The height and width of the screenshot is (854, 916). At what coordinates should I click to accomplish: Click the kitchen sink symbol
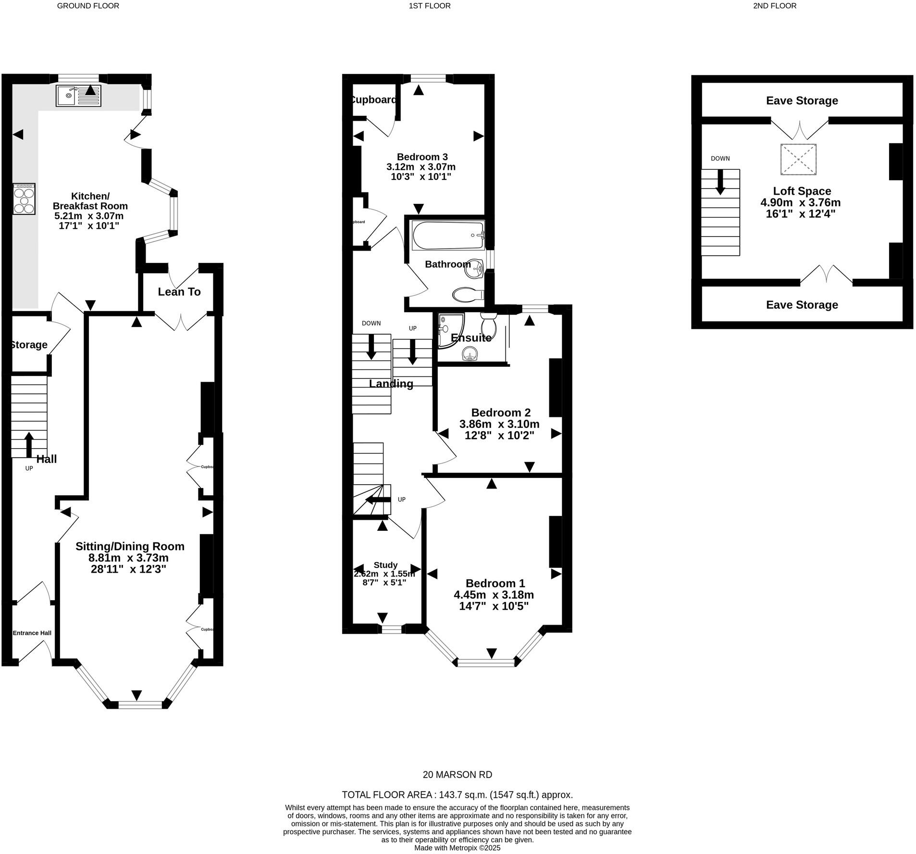[x=78, y=95]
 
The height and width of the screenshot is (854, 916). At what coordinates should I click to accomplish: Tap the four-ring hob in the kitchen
[x=24, y=199]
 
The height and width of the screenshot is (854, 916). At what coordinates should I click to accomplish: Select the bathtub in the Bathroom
[x=447, y=235]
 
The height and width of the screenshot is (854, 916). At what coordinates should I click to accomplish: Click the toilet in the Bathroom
[x=467, y=294]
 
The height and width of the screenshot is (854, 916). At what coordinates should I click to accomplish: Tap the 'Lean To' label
[x=179, y=292]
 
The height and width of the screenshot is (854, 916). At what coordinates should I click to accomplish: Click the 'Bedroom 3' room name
[x=422, y=157]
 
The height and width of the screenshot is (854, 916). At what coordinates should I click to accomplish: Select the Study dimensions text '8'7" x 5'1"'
[x=384, y=582]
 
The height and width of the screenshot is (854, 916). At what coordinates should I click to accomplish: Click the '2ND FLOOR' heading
[x=775, y=6]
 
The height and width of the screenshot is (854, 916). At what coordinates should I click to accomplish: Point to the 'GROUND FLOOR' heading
[x=88, y=6]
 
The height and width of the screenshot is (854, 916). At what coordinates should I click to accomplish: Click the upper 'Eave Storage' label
[x=802, y=100]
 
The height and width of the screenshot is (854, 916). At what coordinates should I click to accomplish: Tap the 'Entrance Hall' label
[x=32, y=633]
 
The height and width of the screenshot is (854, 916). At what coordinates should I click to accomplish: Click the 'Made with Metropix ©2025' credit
[x=457, y=848]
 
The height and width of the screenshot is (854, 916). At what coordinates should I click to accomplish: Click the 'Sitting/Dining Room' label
[x=130, y=546]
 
